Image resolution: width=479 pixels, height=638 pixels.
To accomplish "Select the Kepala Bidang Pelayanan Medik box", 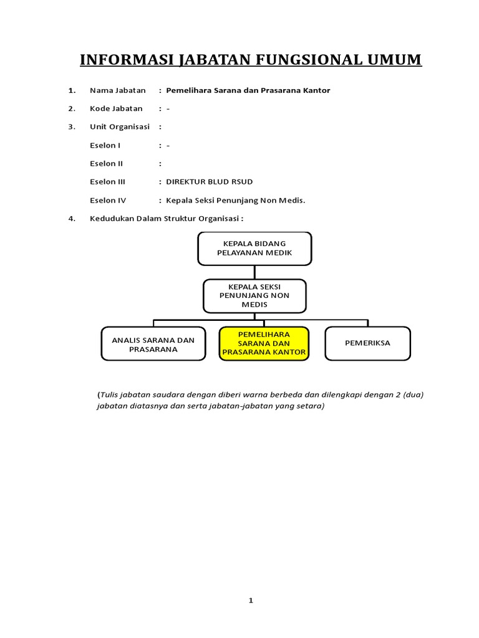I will coord(254,248).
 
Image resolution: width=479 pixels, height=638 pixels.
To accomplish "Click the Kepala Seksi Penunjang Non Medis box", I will coord(254,295).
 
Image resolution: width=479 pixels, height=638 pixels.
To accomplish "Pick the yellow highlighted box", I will coord(264,343).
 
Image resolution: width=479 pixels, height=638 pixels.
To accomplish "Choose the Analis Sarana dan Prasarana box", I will coord(153,344).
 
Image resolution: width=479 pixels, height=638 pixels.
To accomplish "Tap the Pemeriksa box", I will coord(367,343).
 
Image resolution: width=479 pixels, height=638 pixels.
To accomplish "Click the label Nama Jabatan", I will coord(117,90).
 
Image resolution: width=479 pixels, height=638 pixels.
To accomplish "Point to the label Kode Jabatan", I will coord(116,108).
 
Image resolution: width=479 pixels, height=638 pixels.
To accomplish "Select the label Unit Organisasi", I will coord(120,126).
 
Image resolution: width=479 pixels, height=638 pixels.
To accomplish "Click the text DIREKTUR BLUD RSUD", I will coord(210,182).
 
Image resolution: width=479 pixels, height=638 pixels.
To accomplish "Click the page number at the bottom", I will coord(251,601).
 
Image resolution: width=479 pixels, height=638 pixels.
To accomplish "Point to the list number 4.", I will coord(72,219).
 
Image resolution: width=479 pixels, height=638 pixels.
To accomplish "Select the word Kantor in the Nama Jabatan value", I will coord(316,90).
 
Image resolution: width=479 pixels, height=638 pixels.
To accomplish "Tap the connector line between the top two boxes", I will coord(254,272).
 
